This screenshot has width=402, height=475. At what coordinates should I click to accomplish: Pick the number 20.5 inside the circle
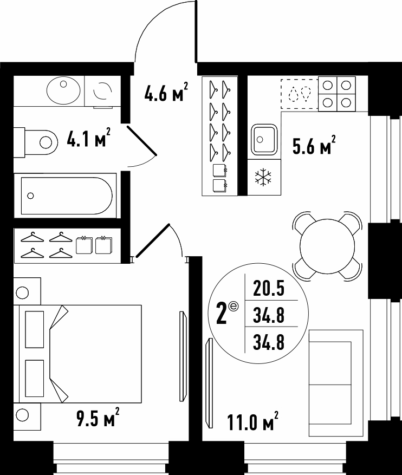pyautogui.click(x=269, y=288)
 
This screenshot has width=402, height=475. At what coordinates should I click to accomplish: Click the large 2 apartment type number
pyautogui.click(x=222, y=315)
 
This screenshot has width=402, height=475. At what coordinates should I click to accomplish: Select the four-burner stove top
pyautogui.click(x=337, y=94)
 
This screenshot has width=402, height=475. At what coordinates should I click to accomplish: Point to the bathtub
pyautogui.click(x=65, y=196)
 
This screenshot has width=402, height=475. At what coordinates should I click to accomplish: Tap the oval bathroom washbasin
pyautogui.click(x=63, y=90)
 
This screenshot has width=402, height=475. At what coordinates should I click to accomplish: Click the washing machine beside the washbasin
pyautogui.click(x=103, y=91)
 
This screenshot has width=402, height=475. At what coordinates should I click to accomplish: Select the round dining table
pyautogui.click(x=327, y=246)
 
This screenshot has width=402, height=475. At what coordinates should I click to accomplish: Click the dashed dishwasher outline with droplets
pyautogui.click(x=299, y=94)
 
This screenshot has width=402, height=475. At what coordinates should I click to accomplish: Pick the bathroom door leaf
pyautogui.click(x=141, y=141)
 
